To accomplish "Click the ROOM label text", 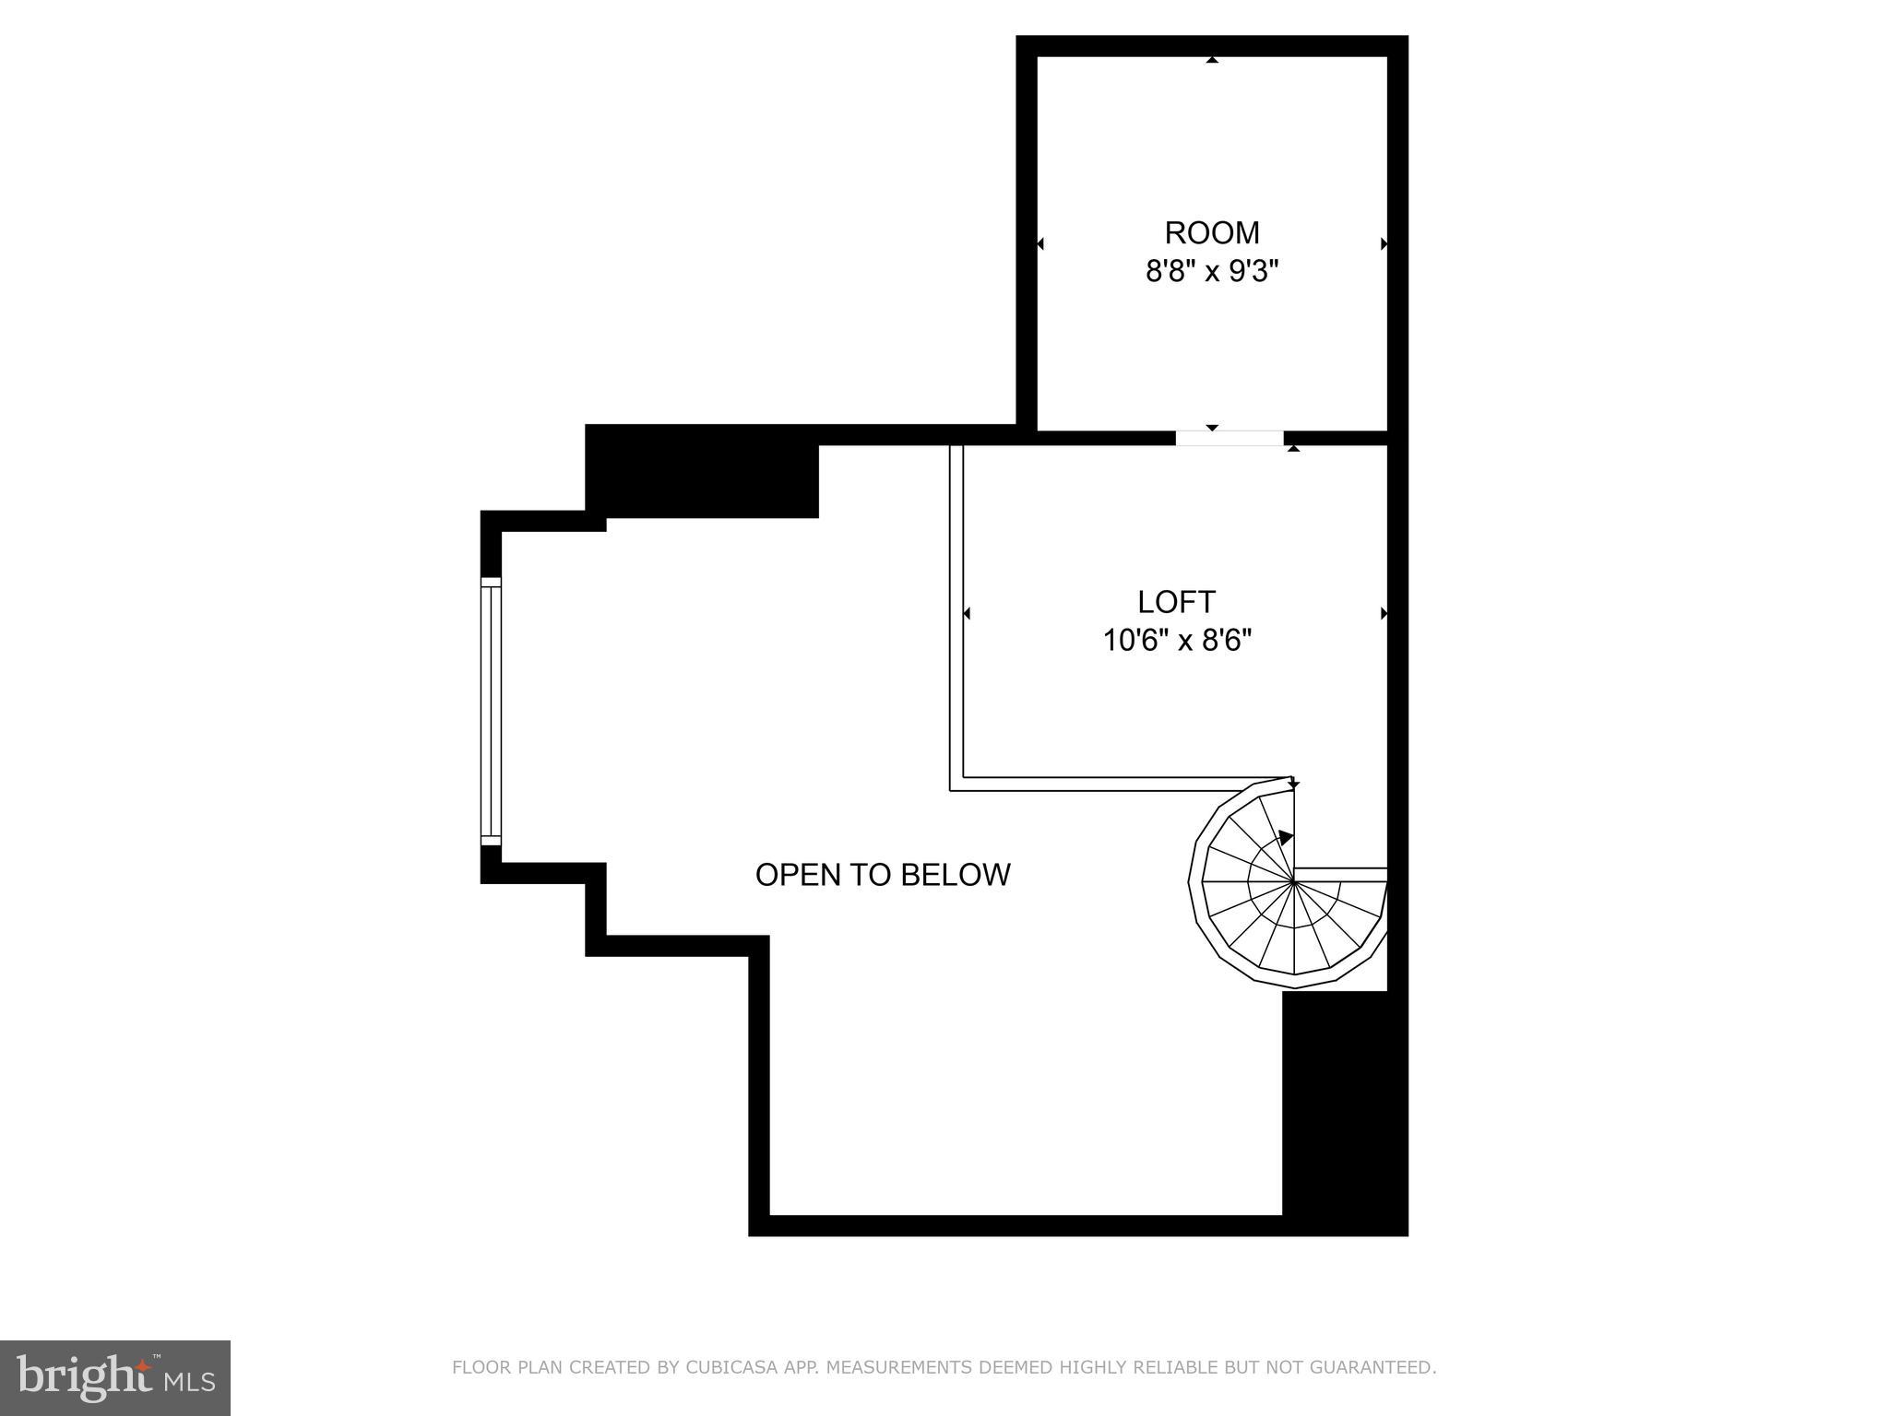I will point(1211,232).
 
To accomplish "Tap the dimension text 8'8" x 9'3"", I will point(1211,272).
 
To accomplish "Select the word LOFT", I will point(1176,602).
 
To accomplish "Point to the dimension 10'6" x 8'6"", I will point(1177,640).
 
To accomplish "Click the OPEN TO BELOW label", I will point(883,875).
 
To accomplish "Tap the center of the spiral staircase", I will point(1295,882).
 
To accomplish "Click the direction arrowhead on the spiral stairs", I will point(1286,838).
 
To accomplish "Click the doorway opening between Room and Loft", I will point(1230,438).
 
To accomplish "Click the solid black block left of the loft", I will point(703,472).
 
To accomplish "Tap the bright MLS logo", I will point(115,1378).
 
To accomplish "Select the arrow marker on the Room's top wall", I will point(1212,60).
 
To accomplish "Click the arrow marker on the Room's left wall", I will point(1040,244).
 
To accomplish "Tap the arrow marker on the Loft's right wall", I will point(1384,613).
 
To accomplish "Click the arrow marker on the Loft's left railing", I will point(967,613).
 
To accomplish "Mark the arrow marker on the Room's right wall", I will point(1384,244).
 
